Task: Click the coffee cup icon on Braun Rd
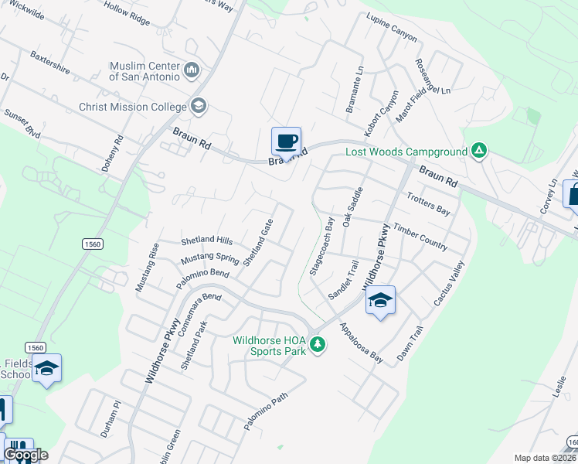(x=286, y=142)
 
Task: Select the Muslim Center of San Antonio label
(x=145, y=71)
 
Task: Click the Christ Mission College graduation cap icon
(x=199, y=106)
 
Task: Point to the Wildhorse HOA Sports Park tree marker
(x=317, y=344)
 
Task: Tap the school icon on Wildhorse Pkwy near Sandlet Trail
(x=380, y=300)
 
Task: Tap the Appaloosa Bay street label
(x=361, y=343)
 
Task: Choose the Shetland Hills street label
(x=206, y=241)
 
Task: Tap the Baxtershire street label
(x=50, y=63)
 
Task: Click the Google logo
(x=25, y=455)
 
